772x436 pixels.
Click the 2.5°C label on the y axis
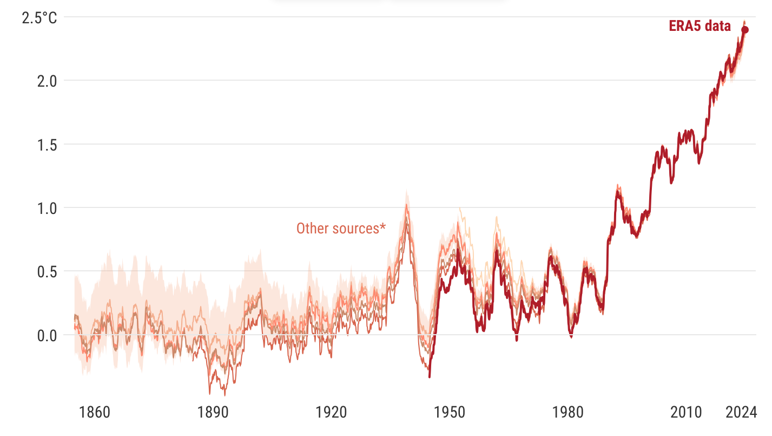(x=39, y=18)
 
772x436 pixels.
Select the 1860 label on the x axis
(x=95, y=413)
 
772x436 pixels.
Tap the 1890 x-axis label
(x=213, y=413)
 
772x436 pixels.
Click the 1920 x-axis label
(x=332, y=413)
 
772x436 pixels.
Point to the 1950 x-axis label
(x=450, y=413)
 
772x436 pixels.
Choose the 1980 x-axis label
(x=569, y=413)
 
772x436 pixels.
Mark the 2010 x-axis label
(x=686, y=413)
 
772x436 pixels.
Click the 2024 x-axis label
(x=741, y=413)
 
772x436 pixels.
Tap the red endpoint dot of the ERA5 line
(x=745, y=30)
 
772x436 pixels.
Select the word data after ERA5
(x=718, y=26)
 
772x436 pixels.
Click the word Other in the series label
(x=309, y=229)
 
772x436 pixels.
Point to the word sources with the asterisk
(x=359, y=229)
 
